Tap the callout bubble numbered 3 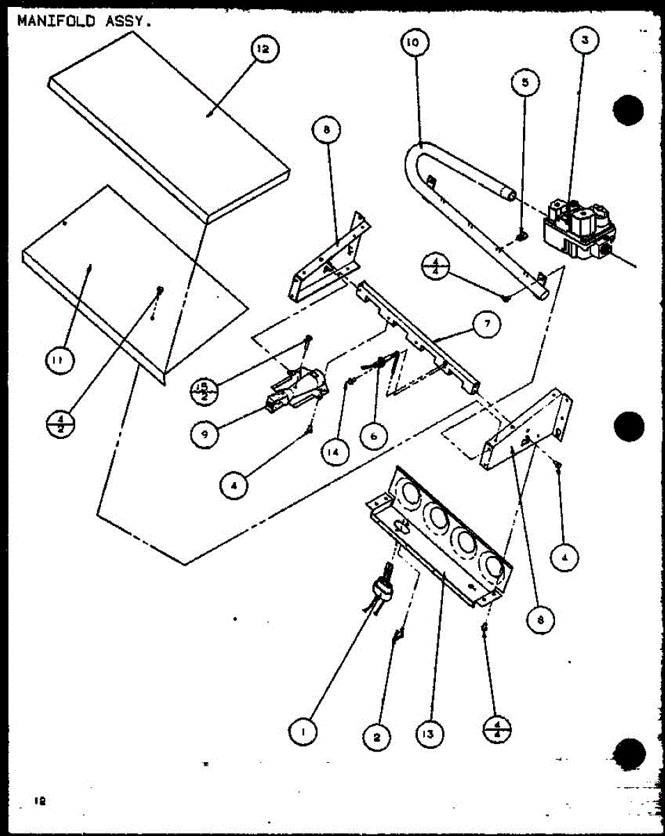(x=585, y=40)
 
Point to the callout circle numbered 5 (x=525, y=82)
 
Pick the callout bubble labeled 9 (x=204, y=435)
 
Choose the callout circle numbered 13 (x=430, y=733)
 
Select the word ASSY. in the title (x=127, y=20)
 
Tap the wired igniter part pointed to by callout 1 (x=382, y=592)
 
